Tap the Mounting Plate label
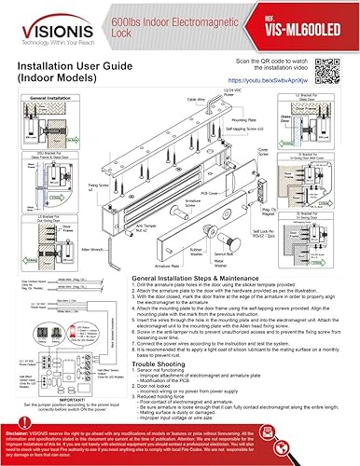(x=243, y=119)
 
